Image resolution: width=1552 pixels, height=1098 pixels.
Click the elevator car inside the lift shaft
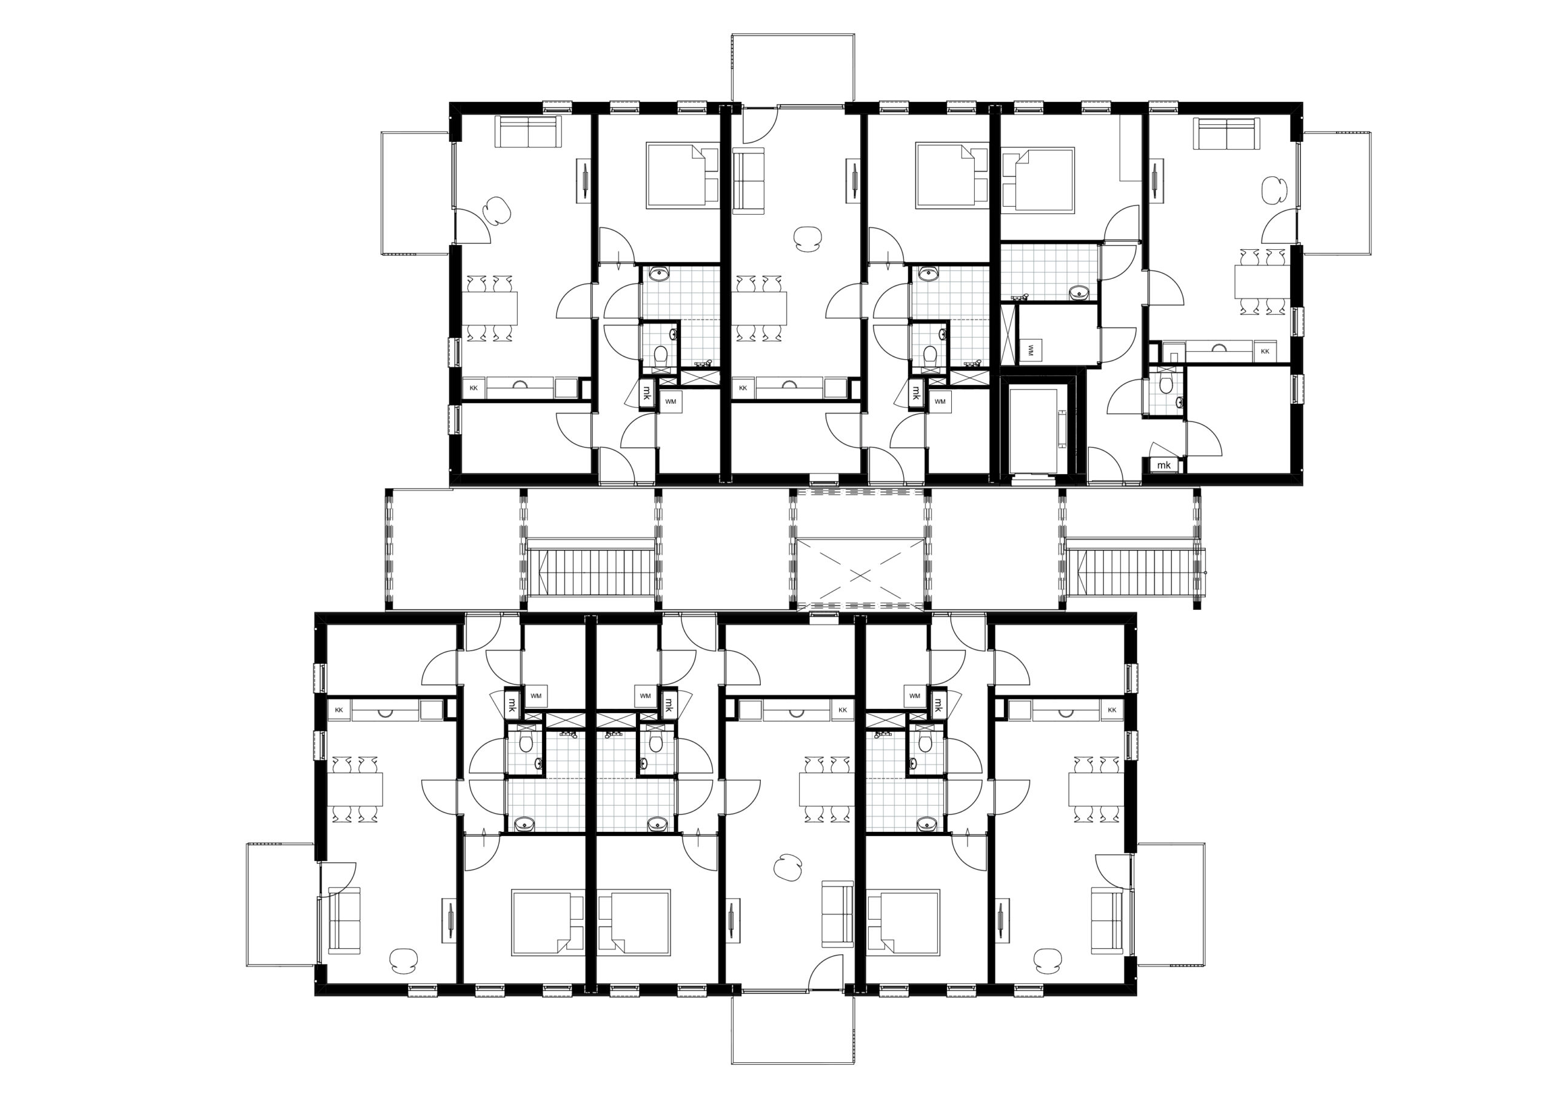(x=1033, y=430)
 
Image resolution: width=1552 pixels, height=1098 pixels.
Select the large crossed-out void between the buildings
(x=860, y=574)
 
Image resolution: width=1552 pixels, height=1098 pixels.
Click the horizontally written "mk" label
(x=1163, y=465)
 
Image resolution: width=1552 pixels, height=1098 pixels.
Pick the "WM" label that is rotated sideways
(x=1030, y=350)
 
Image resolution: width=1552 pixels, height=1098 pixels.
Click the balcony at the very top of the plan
(x=793, y=69)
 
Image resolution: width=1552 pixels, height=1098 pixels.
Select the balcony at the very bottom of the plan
(x=793, y=1028)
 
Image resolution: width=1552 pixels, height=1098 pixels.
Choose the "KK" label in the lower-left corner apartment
(x=339, y=710)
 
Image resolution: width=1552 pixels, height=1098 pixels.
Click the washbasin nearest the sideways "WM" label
(x=1079, y=293)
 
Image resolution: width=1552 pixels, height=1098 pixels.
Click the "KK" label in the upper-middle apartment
(x=743, y=388)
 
